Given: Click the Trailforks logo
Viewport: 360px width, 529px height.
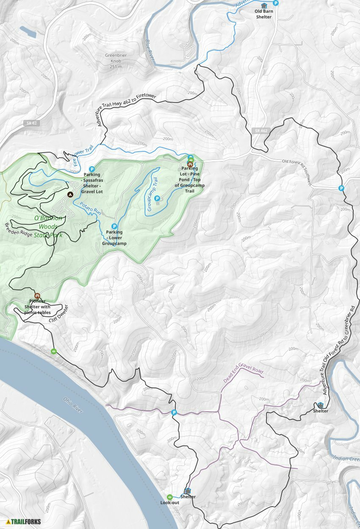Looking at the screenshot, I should [x=24, y=521].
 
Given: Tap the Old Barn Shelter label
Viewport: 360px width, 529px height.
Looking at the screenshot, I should [x=264, y=14].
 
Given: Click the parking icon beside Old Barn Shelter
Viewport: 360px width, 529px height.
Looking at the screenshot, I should [x=276, y=3].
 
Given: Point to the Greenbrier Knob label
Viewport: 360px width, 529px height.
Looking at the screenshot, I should [x=116, y=61].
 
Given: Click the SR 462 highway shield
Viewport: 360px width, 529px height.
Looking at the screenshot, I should [x=261, y=131].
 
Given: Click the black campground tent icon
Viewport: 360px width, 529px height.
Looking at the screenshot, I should [x=70, y=194].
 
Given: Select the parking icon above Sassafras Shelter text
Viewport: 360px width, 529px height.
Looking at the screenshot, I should [x=91, y=169].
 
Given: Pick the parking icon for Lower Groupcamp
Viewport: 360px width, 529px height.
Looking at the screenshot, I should [x=114, y=226].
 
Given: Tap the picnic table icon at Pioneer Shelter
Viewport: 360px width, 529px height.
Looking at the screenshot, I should [x=37, y=295].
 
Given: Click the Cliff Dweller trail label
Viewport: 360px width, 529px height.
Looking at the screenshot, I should [x=58, y=314].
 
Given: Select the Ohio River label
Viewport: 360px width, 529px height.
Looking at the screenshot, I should [x=74, y=406].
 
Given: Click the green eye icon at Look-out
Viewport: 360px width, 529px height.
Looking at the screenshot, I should [x=169, y=497].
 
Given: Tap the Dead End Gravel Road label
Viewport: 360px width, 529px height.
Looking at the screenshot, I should [x=243, y=372].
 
